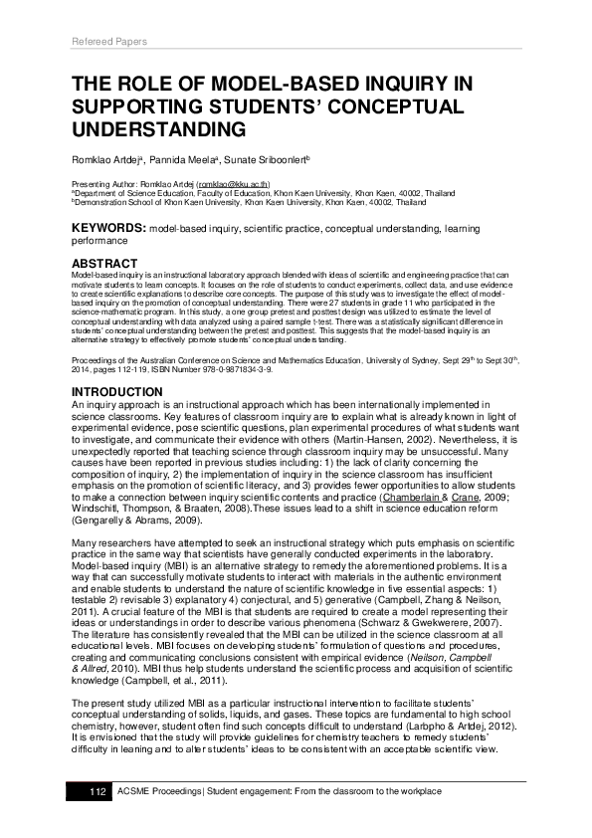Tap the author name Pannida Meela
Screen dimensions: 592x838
183,158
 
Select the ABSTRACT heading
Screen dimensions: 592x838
104,263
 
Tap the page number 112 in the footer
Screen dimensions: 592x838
98,790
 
